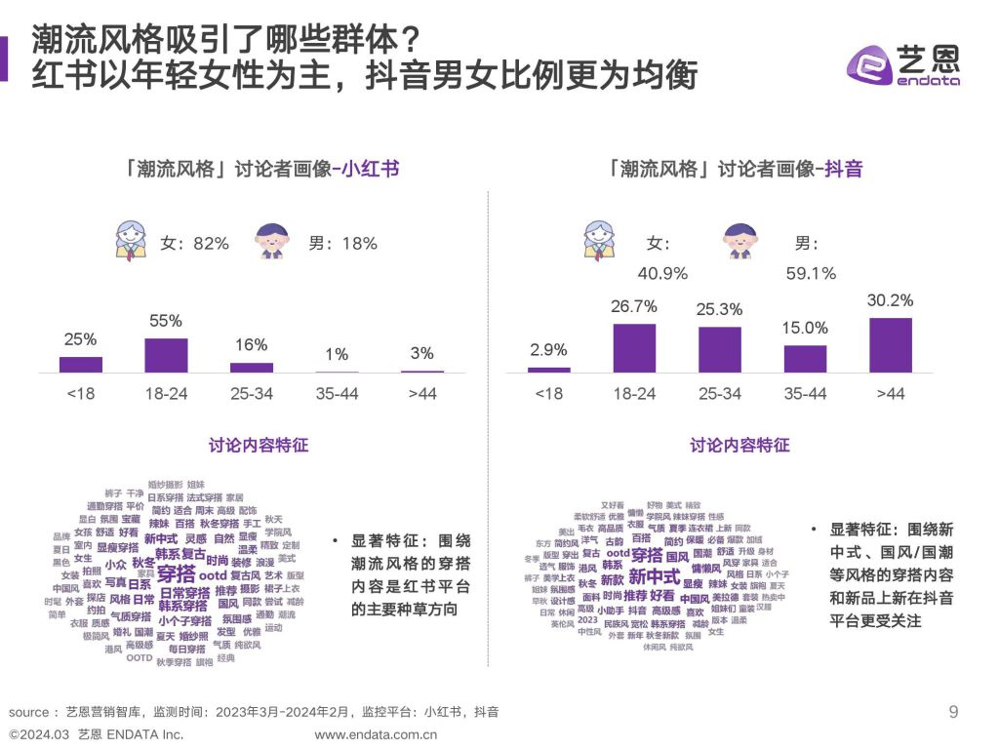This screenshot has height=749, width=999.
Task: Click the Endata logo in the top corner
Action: (902, 66)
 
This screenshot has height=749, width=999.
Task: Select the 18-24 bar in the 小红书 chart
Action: (166, 355)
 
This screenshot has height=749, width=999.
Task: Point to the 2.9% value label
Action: (548, 350)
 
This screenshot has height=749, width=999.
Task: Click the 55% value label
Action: (166, 321)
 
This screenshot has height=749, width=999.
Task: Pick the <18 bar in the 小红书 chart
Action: (81, 364)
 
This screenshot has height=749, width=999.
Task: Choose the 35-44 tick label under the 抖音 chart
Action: (805, 393)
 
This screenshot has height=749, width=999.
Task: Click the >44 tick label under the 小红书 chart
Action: (421, 393)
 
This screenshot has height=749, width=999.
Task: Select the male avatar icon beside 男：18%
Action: (272, 243)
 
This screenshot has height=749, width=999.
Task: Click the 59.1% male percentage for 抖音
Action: (811, 274)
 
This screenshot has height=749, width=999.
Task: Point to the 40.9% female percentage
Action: (663, 274)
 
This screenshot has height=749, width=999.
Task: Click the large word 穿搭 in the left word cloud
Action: (176, 572)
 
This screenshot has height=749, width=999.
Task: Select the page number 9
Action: (953, 711)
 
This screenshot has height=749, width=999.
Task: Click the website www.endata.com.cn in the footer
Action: (376, 734)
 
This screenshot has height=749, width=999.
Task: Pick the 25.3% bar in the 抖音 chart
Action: (720, 349)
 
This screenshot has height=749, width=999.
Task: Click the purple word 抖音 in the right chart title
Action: (843, 169)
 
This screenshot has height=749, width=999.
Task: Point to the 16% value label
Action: (251, 345)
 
